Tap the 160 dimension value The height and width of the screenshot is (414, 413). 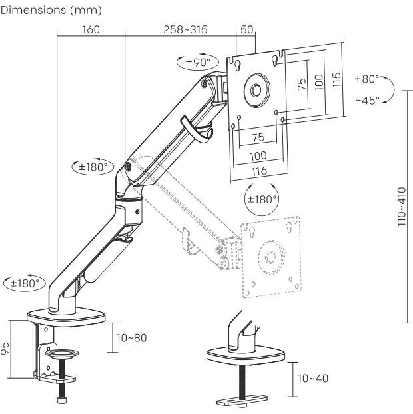click(x=91, y=30)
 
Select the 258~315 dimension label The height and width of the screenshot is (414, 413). click(x=186, y=30)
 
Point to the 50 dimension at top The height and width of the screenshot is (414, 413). click(x=247, y=30)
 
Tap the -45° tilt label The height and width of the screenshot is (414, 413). click(x=367, y=100)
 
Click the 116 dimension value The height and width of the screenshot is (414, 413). click(x=258, y=171)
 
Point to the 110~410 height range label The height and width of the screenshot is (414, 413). click(x=400, y=206)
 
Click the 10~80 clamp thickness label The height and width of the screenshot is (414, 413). click(x=131, y=338)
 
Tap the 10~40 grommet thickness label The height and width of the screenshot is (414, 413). click(x=313, y=378)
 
